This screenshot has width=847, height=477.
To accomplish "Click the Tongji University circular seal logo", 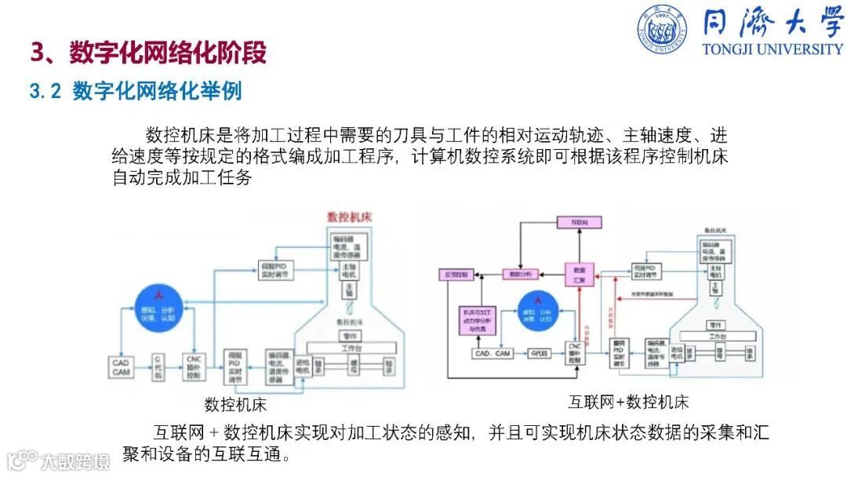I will click(x=660, y=29).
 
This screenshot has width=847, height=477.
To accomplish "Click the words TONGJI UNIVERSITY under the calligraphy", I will click(x=772, y=49).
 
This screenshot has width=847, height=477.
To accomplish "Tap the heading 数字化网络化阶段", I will click(x=168, y=53).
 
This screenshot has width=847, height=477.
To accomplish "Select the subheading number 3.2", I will click(x=45, y=91).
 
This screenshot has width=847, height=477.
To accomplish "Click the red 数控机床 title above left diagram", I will click(x=353, y=217).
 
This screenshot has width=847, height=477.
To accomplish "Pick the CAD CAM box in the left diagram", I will click(x=121, y=368).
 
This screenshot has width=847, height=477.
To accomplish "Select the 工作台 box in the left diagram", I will click(x=349, y=347).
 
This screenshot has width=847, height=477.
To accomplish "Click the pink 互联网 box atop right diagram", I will click(x=579, y=222).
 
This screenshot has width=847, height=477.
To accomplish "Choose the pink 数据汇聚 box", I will click(x=580, y=275).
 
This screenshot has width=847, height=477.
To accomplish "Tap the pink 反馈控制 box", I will click(x=456, y=275).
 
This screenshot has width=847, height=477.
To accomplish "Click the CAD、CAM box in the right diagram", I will click(x=493, y=354).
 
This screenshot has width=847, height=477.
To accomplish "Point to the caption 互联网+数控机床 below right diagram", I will click(x=628, y=403).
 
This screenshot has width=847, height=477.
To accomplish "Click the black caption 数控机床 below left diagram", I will click(x=235, y=405).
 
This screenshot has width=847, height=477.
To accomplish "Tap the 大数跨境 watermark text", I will click(x=76, y=461).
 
